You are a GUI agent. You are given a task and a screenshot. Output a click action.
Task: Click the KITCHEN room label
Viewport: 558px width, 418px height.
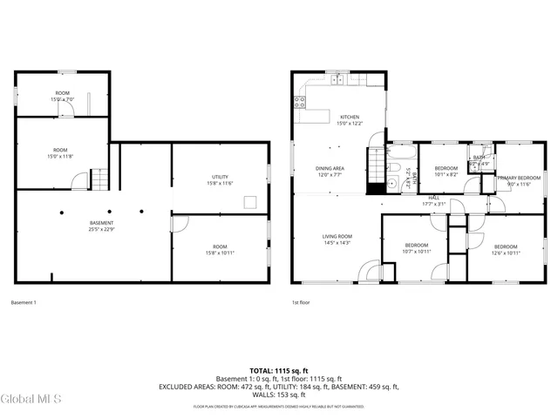[350, 117]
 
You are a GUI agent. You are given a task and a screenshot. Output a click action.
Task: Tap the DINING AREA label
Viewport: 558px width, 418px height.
[330, 168]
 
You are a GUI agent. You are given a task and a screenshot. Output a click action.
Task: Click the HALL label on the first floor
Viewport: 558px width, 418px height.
[433, 199]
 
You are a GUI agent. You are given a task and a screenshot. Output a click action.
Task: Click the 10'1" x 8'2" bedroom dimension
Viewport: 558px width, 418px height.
[446, 174]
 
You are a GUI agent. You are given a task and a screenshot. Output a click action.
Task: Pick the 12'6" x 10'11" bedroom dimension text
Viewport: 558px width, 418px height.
[506, 253]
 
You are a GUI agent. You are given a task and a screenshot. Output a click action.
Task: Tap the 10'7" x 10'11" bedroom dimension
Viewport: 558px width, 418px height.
[417, 253]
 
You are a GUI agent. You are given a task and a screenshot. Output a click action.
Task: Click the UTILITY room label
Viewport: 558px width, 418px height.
[219, 177]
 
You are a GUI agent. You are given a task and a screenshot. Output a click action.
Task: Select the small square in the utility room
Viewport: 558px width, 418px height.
[250, 203]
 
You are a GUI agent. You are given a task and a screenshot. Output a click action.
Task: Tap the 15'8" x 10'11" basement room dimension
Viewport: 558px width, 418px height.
[219, 253]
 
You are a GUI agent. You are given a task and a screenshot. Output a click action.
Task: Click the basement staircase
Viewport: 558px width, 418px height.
[101, 180]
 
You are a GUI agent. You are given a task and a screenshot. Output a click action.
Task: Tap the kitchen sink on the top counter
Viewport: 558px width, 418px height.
[337, 79]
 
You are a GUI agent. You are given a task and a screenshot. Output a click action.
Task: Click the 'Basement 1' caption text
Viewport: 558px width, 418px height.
[24, 302]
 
